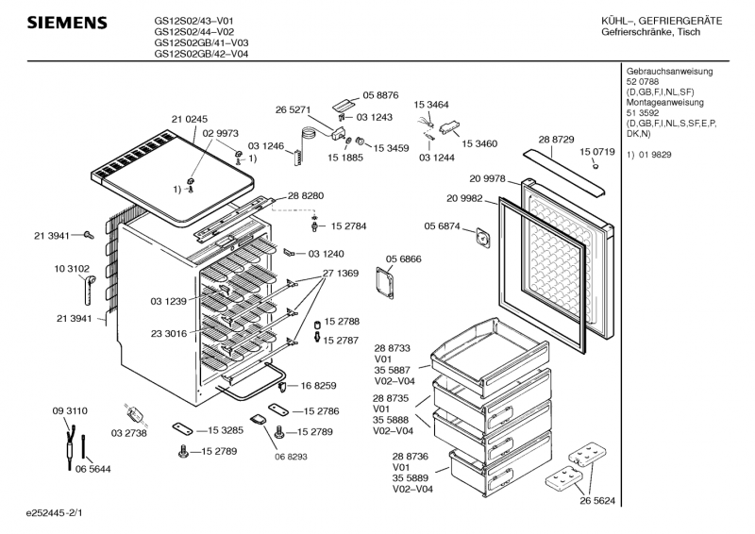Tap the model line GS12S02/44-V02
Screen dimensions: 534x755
pos(194,32)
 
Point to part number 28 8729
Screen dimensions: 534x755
pos(556,140)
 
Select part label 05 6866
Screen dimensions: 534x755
pos(403,259)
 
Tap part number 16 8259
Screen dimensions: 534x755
pos(319,385)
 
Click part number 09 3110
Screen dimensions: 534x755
pos(70,411)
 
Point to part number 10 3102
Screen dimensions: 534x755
pos(72,269)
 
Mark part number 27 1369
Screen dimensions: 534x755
pos(341,274)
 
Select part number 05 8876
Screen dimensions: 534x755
pos(380,95)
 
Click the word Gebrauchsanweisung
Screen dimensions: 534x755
pos(669,72)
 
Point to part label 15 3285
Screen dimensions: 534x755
pos(224,429)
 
